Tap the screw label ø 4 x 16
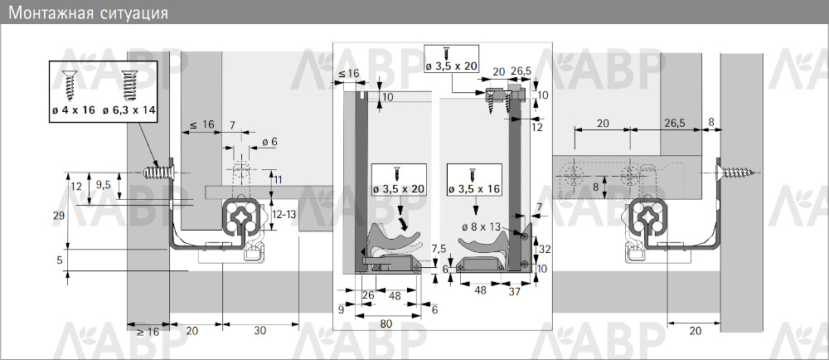(x=74, y=110)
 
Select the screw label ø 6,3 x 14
(x=129, y=110)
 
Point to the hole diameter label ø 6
(x=269, y=142)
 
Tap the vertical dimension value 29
(x=59, y=216)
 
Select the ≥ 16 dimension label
(x=148, y=332)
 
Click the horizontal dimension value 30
(x=260, y=331)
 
